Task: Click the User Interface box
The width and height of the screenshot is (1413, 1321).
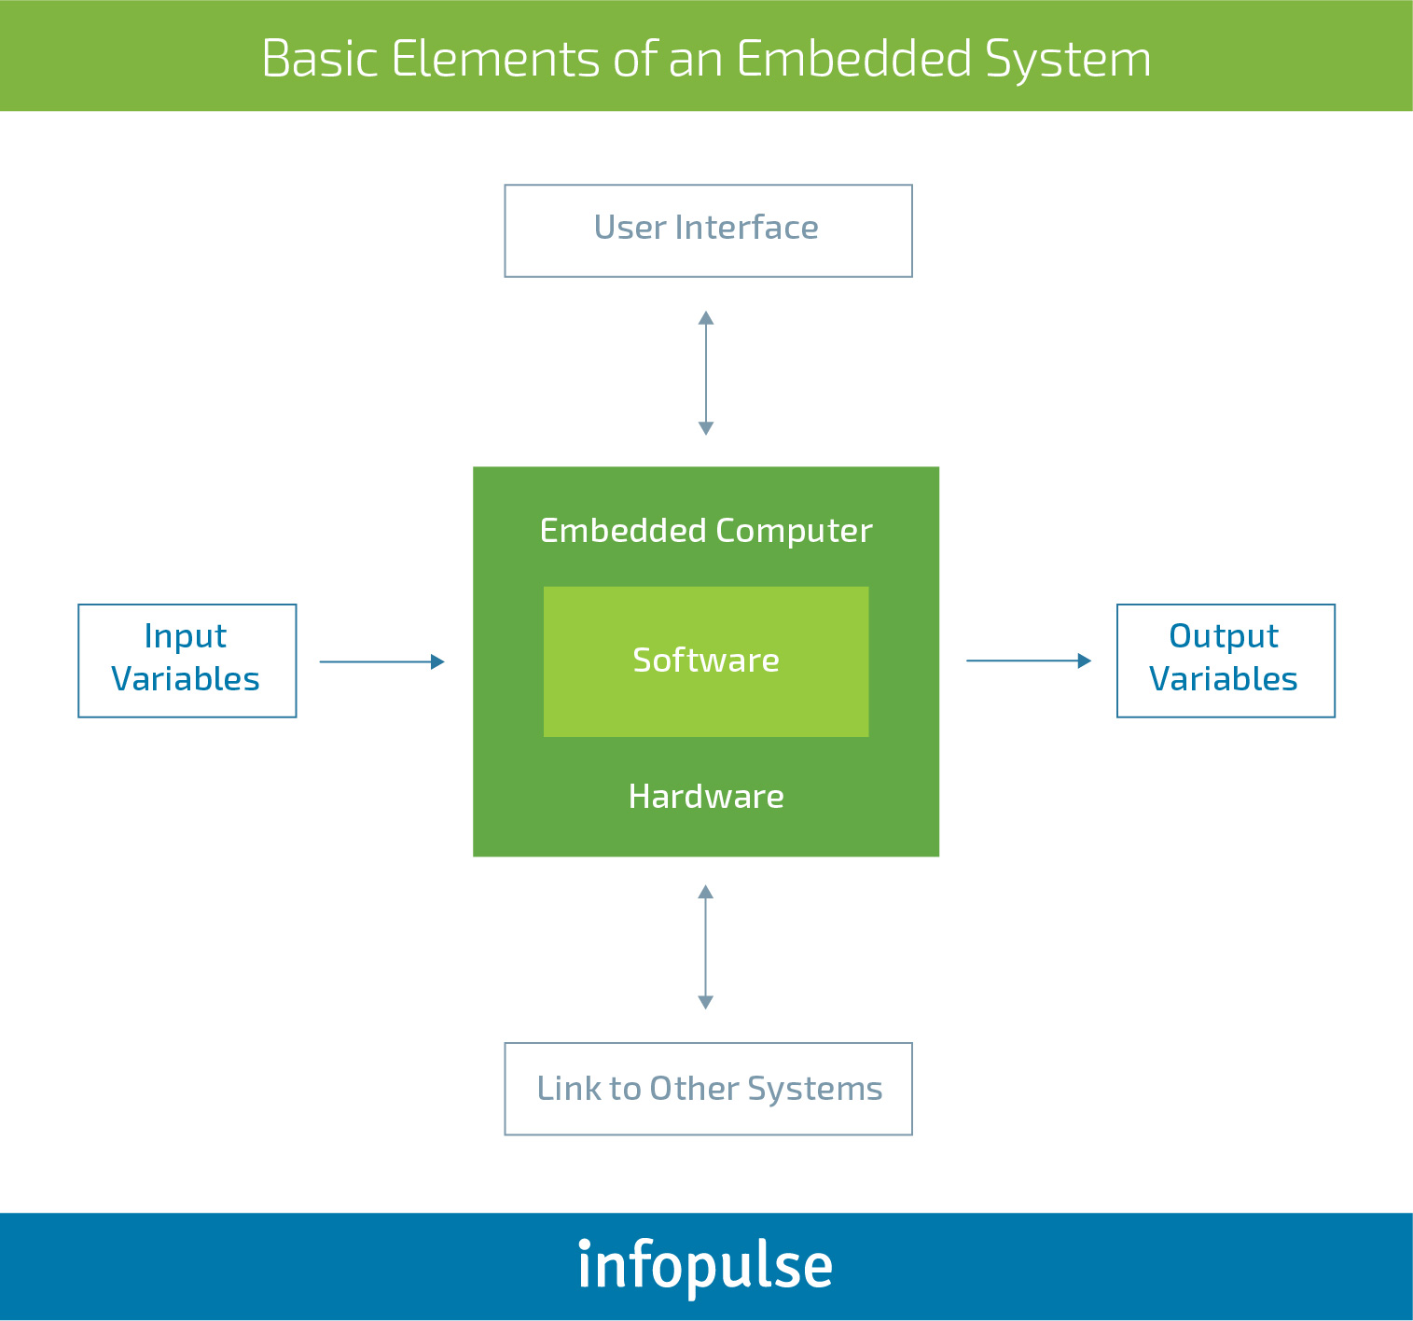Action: click(708, 230)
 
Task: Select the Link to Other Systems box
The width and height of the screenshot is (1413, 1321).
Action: click(708, 1089)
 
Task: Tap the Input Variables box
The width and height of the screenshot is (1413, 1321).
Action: click(187, 660)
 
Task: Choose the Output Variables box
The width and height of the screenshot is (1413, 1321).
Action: click(1226, 660)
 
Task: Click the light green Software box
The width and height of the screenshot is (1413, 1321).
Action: click(706, 661)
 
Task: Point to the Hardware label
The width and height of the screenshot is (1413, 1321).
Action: click(706, 796)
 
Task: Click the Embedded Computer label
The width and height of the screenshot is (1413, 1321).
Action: click(706, 531)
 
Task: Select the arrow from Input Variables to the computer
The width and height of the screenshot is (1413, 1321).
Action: click(382, 662)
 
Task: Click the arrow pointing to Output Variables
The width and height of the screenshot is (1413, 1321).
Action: click(1029, 660)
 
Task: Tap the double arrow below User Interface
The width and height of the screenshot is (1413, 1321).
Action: click(706, 373)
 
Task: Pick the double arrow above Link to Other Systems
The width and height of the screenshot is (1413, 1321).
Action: click(706, 947)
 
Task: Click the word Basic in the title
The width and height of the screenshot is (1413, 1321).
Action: click(320, 59)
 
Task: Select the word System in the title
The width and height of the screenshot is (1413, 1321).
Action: click(1068, 60)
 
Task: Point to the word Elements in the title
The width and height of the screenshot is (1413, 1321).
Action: click(496, 59)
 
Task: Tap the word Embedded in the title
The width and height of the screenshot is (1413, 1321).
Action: click(853, 59)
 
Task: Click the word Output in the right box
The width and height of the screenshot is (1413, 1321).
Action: click(1224, 635)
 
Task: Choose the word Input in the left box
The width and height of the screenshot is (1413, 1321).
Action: click(185, 635)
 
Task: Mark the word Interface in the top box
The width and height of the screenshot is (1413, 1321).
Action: click(746, 228)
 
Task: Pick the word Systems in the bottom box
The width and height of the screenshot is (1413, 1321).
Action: click(814, 1090)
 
